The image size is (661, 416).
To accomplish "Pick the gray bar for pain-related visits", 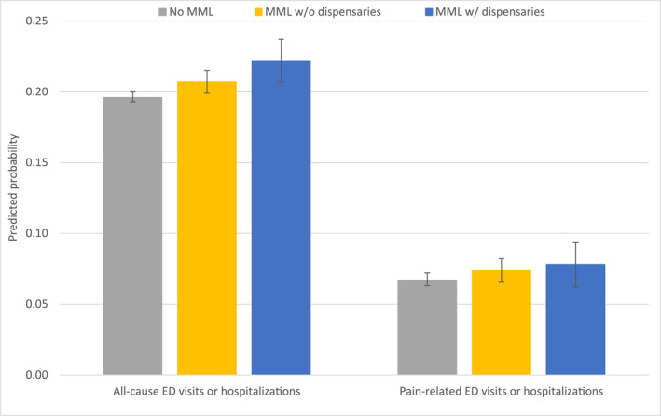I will click(427, 327).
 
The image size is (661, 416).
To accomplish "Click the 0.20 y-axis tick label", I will click(40, 92).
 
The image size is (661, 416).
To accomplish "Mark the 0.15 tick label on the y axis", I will click(40, 163).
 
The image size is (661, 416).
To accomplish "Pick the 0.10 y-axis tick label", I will click(40, 233).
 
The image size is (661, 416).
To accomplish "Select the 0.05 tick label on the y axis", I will click(40, 304).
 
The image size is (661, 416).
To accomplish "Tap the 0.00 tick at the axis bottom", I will click(40, 375).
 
